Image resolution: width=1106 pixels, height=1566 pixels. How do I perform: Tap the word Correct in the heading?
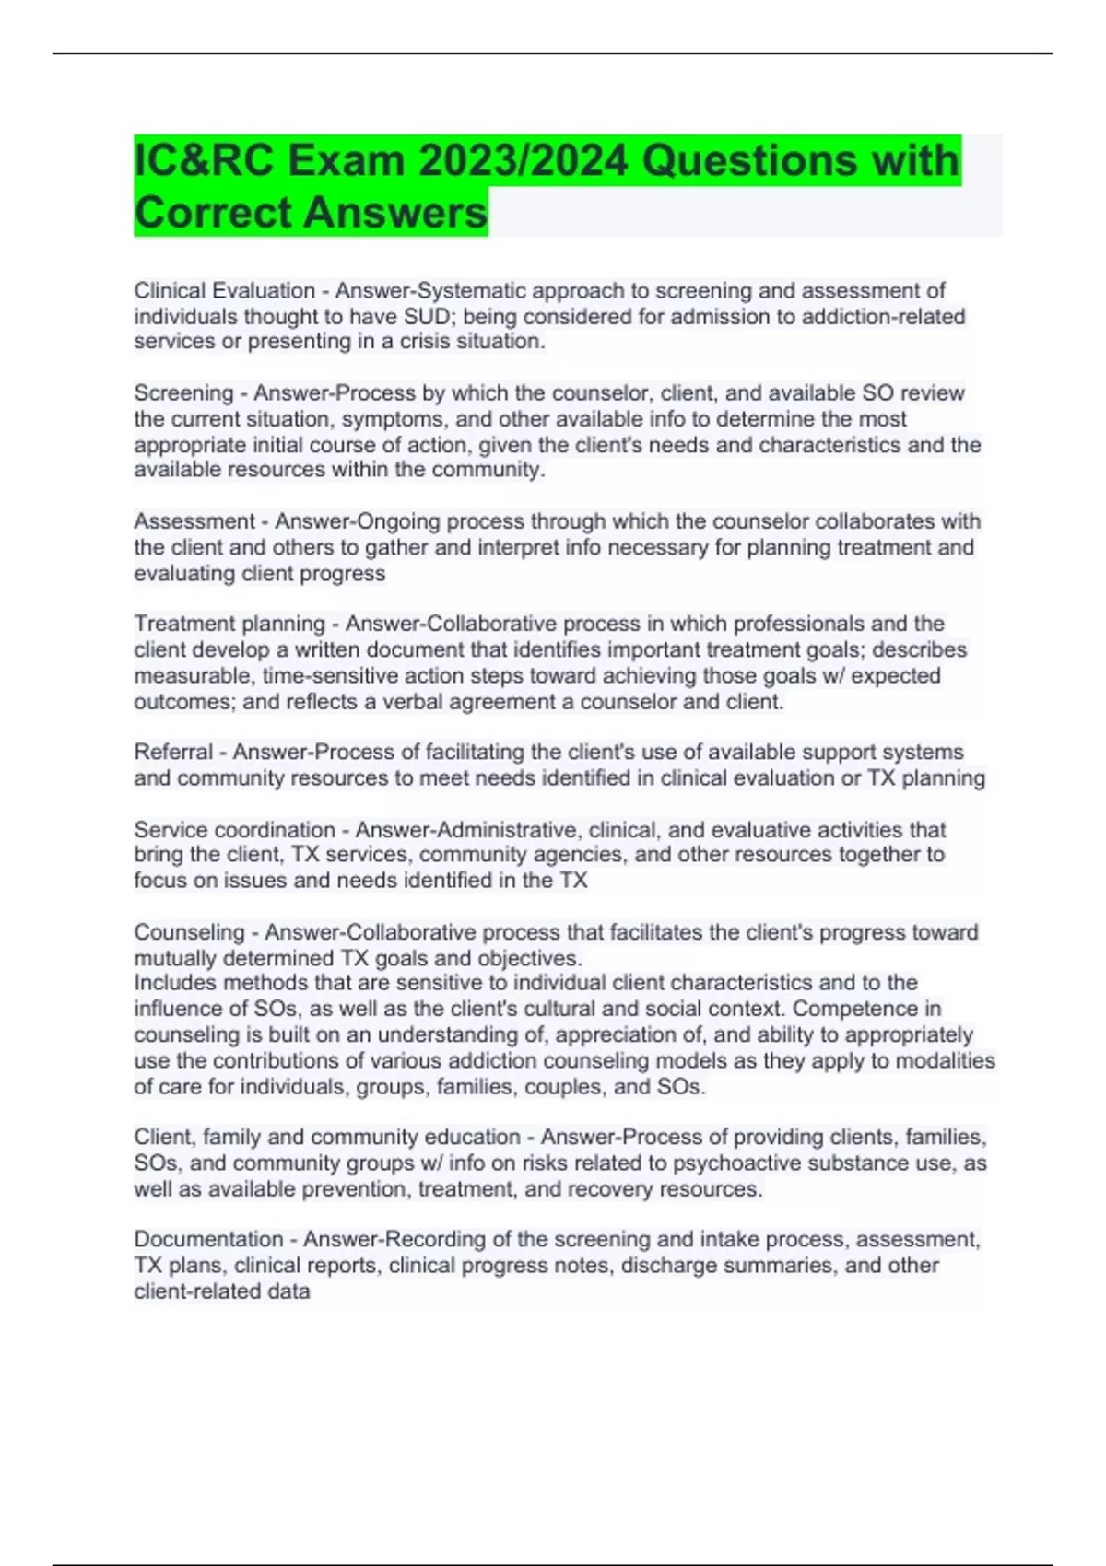pyautogui.click(x=213, y=213)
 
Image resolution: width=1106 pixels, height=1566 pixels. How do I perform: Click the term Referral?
pyautogui.click(x=173, y=752)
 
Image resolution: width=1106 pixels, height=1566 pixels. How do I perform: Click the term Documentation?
pyautogui.click(x=208, y=1240)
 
